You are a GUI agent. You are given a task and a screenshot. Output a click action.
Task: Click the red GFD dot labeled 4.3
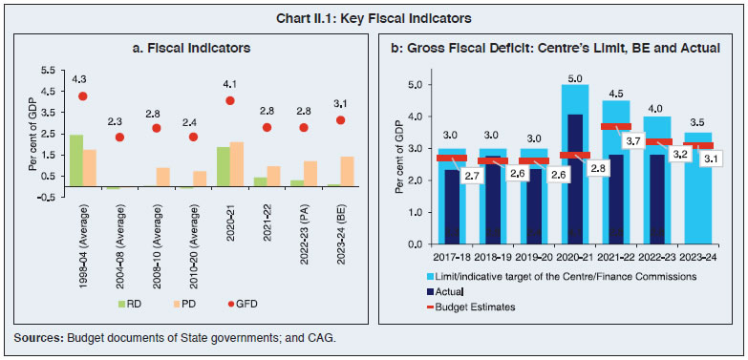coord(83,95)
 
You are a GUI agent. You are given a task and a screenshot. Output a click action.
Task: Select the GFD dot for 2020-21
coord(230,100)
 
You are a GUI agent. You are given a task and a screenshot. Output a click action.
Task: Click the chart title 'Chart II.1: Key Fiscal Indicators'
coord(374,17)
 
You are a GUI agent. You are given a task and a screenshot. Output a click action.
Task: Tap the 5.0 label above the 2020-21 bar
coord(575,76)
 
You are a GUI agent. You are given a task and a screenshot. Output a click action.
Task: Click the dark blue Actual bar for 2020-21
coord(575,181)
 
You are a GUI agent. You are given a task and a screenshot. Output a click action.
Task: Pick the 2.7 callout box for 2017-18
coord(470,176)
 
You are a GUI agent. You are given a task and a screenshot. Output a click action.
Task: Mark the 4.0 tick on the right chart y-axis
coord(417,116)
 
